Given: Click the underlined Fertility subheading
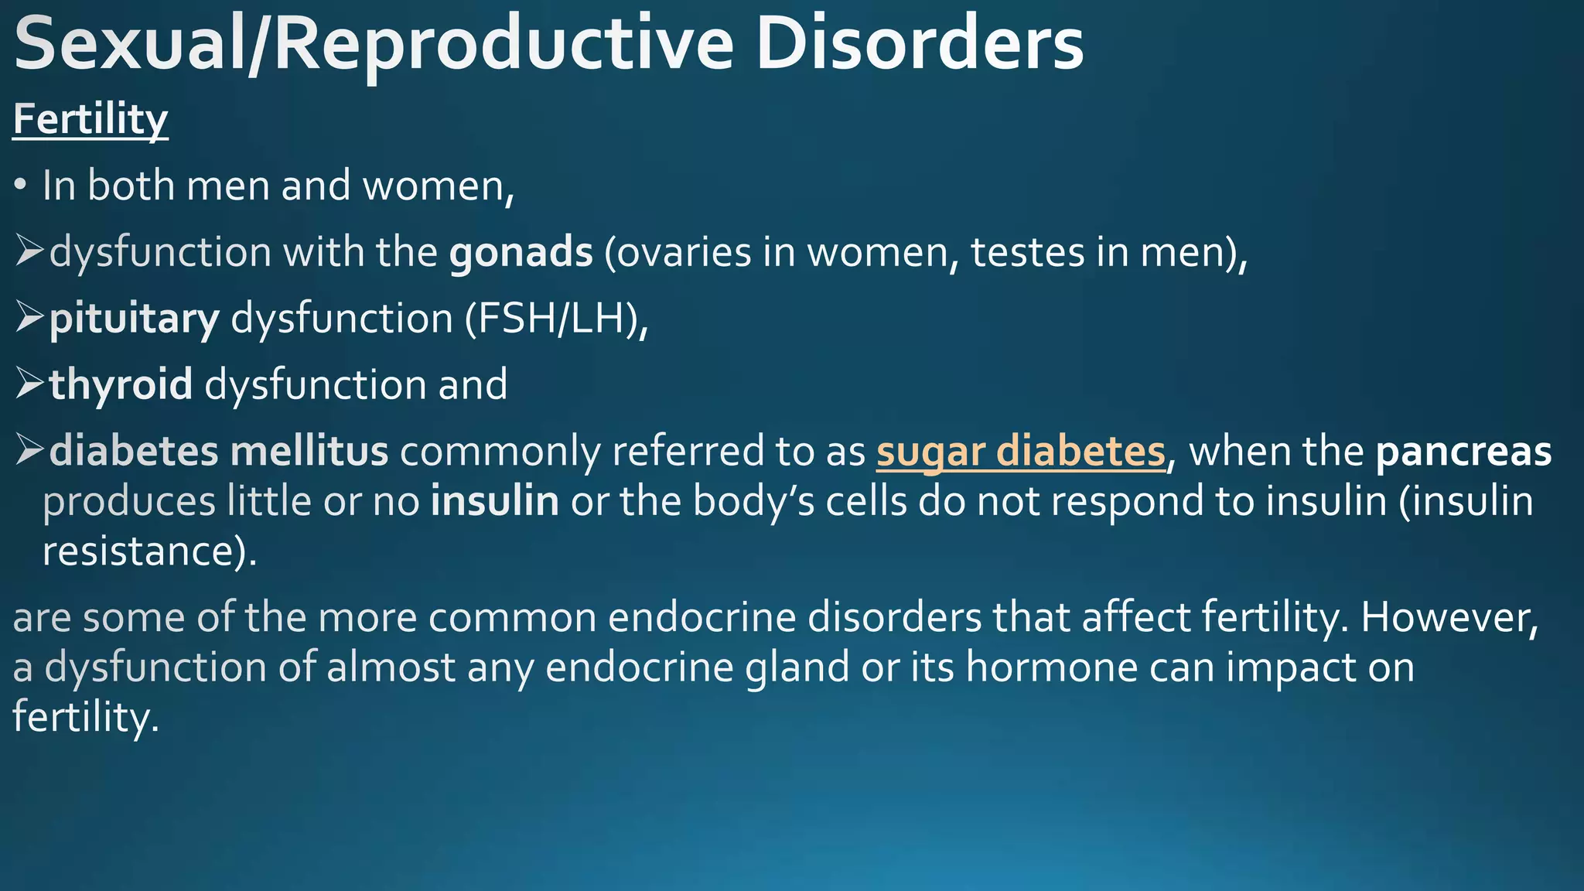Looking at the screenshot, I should (90, 120).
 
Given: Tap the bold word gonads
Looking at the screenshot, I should (521, 252).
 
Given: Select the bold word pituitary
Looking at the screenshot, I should (135, 319).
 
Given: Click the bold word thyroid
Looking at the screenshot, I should (121, 384).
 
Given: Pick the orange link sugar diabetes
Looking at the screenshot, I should (1020, 452).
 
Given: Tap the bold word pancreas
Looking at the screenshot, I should (1463, 452).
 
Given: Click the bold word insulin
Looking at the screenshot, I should (495, 501).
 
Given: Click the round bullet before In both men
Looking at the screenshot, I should (21, 186).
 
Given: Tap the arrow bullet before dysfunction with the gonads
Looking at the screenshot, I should (29, 252).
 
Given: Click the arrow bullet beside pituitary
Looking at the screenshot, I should (29, 318).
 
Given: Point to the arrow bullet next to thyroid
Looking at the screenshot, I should (29, 384).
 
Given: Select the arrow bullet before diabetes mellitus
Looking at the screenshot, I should (29, 451).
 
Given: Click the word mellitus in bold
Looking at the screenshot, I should (309, 452).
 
